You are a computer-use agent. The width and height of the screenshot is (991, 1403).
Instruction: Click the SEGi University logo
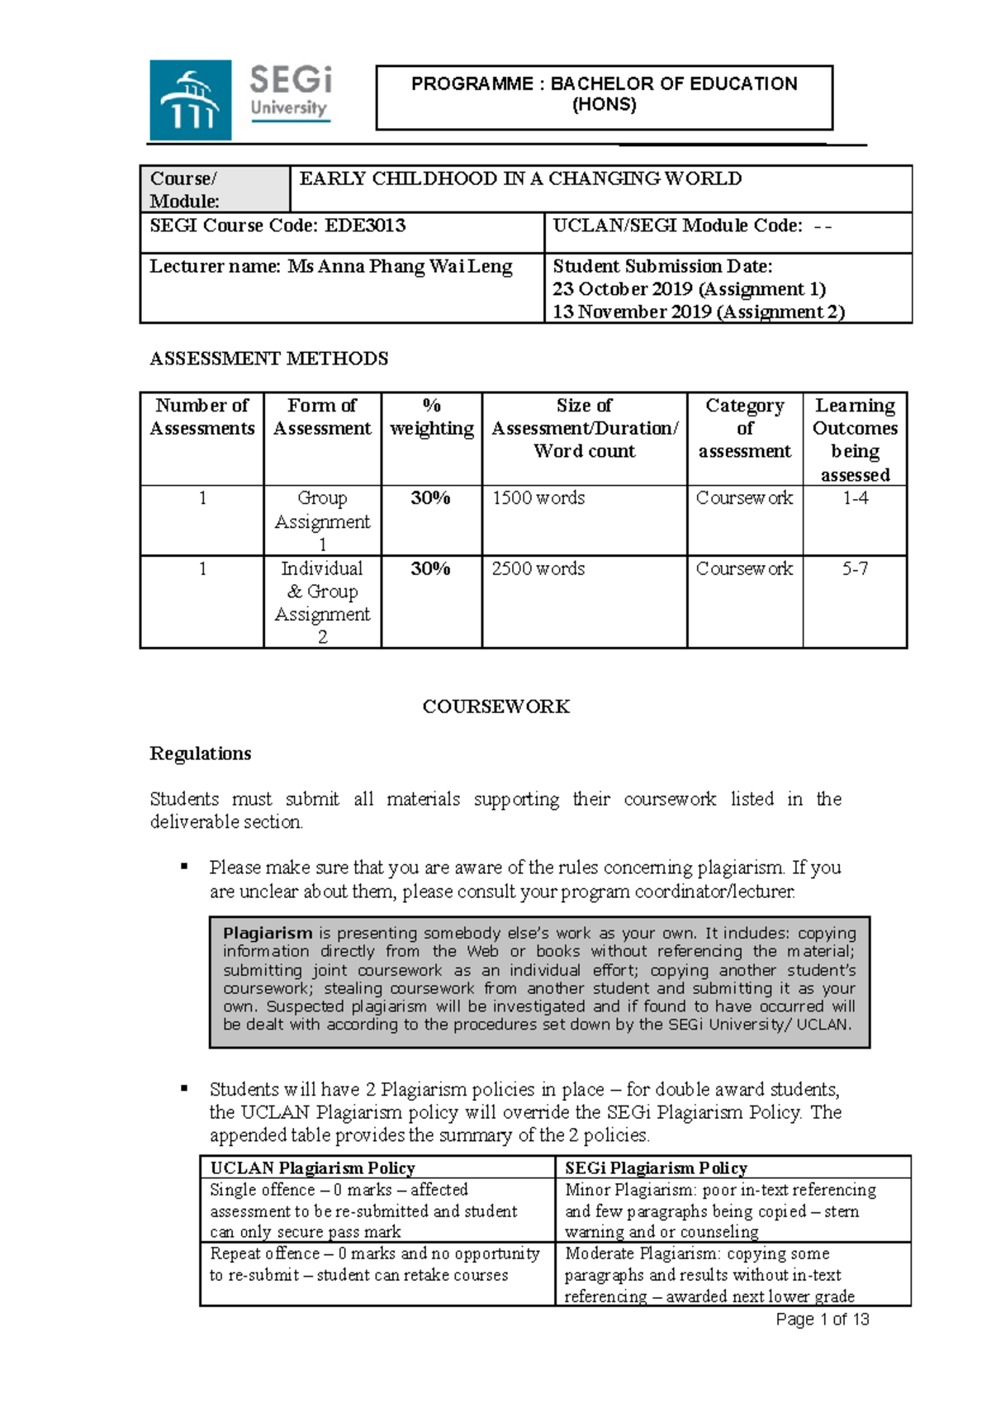tap(240, 100)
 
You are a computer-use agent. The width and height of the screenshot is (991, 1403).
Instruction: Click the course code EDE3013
tap(365, 226)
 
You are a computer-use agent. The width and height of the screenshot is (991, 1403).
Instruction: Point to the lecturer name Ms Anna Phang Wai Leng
tap(400, 267)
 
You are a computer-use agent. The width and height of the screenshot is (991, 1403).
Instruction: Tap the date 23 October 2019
tap(623, 289)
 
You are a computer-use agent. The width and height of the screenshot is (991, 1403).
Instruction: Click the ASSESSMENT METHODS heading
tap(268, 359)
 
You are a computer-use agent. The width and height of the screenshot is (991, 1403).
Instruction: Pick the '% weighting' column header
tap(431, 417)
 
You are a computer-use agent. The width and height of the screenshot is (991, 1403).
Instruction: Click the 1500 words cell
tap(538, 498)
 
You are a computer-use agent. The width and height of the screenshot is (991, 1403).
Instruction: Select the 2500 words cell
tap(538, 569)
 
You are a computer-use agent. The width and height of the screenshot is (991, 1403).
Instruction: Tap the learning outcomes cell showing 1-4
tap(855, 498)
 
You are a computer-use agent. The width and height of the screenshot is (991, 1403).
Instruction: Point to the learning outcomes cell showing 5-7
tap(855, 569)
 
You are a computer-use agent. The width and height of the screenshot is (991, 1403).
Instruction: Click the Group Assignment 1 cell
tap(322, 521)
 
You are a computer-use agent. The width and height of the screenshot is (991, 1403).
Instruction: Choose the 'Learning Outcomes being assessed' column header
tap(855, 440)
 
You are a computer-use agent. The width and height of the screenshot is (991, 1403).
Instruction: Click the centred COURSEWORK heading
tap(495, 706)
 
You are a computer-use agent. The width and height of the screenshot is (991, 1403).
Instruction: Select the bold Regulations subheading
tap(201, 754)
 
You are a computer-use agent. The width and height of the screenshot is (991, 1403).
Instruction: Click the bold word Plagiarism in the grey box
tap(268, 933)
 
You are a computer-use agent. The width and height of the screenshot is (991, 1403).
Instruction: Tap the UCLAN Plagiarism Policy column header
tap(312, 1168)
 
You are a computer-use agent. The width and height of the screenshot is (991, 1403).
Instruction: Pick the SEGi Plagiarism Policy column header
tap(656, 1168)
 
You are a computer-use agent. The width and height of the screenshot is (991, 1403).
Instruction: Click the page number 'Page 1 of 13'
tap(822, 1320)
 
